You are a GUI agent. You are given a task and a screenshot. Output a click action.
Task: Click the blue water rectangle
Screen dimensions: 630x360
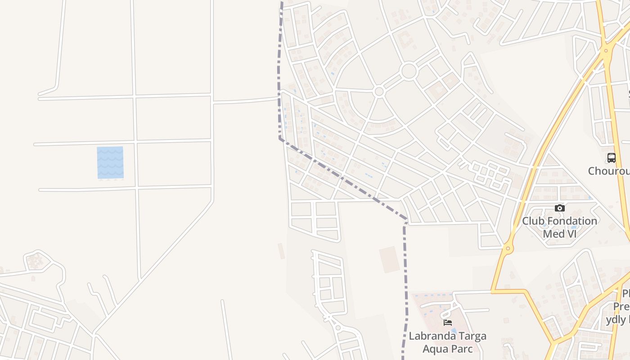[110, 162]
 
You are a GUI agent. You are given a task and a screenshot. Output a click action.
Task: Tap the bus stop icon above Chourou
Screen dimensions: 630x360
[611, 158]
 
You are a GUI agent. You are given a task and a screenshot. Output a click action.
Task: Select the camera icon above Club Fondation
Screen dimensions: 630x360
[559, 208]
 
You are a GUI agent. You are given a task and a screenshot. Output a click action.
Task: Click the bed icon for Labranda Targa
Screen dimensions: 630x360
[447, 322]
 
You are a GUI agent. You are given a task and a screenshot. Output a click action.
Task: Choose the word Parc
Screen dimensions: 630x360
[462, 349]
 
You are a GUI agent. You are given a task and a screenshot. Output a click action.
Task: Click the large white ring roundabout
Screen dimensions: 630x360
[409, 72]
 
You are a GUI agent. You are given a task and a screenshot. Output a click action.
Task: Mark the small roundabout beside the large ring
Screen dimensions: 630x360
[379, 92]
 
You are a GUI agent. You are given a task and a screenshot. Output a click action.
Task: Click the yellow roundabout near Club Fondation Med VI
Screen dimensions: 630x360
[508, 248]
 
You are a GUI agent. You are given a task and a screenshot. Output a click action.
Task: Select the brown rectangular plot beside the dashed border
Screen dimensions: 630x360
[389, 259]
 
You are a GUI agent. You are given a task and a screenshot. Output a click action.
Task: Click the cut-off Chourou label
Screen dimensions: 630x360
[609, 171]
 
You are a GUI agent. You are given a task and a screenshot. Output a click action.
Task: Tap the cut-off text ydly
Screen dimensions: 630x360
[621, 319]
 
